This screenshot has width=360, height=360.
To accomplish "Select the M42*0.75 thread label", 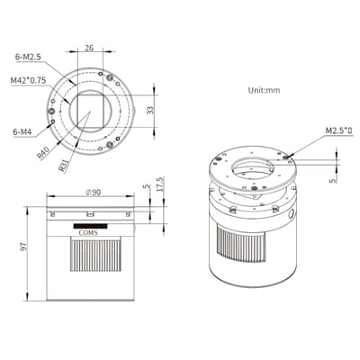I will (28, 82).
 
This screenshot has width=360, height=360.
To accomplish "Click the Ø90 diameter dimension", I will (91, 191).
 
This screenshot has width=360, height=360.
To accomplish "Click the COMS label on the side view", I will (91, 232).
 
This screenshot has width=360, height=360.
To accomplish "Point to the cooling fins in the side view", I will (91, 260).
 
